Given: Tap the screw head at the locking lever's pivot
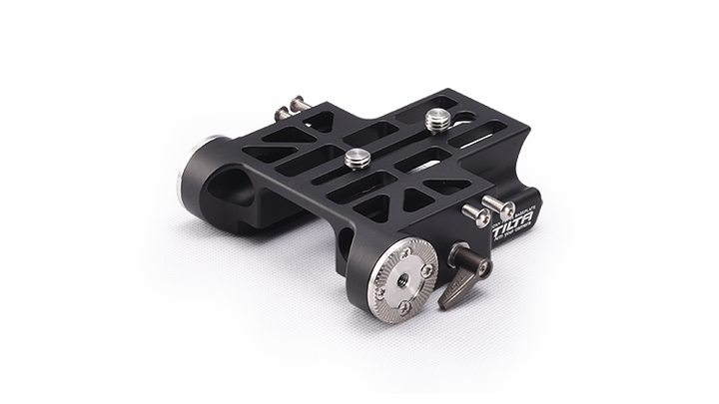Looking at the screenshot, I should click(483, 267).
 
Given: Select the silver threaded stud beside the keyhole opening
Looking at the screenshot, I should click(437, 119).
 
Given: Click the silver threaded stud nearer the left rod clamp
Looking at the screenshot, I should click(356, 158).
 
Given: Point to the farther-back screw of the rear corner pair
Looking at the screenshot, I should click(298, 102).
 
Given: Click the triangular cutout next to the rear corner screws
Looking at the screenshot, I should click(319, 122).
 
